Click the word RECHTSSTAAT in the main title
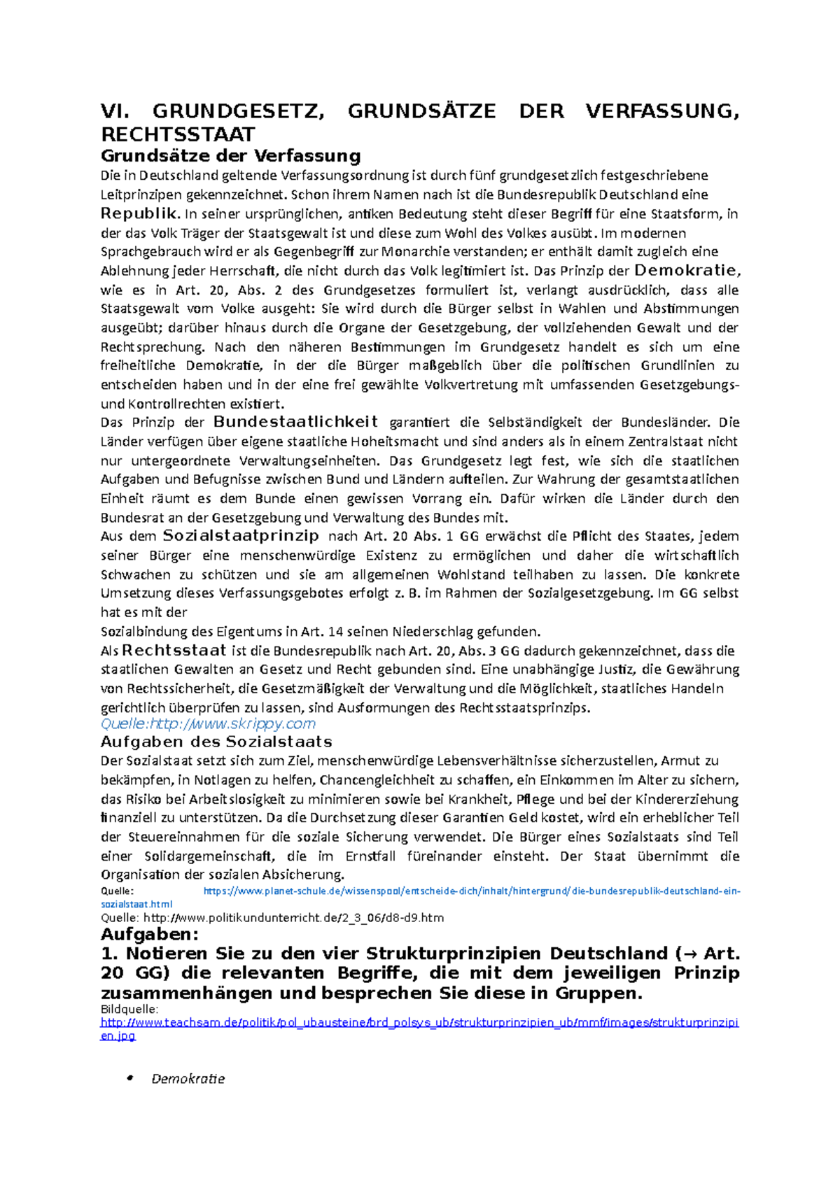pos(178,134)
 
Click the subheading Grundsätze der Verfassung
pos(231,155)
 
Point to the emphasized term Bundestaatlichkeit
pos(295,422)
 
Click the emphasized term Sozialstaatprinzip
pos(241,536)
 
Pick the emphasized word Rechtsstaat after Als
pos(174,651)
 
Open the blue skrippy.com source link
pos(208,723)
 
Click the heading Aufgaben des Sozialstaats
pos(216,742)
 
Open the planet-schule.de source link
pos(471,891)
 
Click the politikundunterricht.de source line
pos(272,917)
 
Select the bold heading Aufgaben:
pos(150,935)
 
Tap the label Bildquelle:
pos(129,1009)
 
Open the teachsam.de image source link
pos(419,1023)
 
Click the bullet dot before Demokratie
pos(129,1078)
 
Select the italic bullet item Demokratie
pos(188,1079)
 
